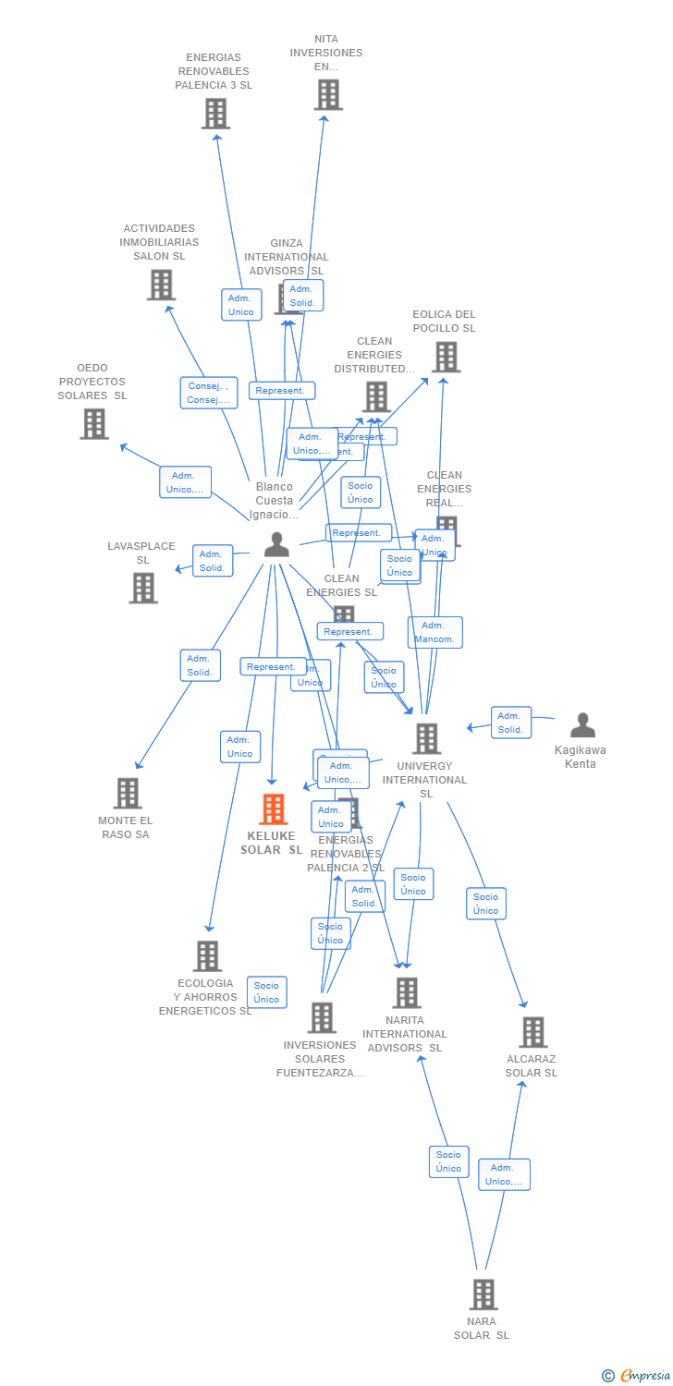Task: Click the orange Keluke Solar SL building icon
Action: [x=273, y=809]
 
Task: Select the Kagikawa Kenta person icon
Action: [x=582, y=725]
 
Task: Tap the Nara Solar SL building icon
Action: [x=483, y=1295]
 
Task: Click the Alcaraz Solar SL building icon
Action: [x=532, y=1032]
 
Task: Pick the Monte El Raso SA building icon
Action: [x=128, y=793]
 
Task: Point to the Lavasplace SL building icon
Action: [x=143, y=588]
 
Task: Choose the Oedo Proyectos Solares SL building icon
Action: [x=94, y=423]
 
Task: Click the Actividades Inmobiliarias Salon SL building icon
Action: [x=161, y=285]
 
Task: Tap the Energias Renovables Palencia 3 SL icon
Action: [x=215, y=114]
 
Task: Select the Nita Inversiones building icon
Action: [x=327, y=94]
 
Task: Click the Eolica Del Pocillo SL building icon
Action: [x=446, y=357]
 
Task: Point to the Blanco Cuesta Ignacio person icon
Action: [x=276, y=545]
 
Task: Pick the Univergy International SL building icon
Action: [x=426, y=738]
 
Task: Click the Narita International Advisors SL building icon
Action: [x=406, y=992]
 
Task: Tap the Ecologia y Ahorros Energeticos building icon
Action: [x=207, y=955]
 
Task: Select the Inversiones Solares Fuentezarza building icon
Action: [x=321, y=1017]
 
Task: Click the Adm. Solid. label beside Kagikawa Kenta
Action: [x=511, y=723]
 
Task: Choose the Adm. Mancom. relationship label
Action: [x=434, y=632]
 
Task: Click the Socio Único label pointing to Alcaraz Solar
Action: [x=485, y=904]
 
